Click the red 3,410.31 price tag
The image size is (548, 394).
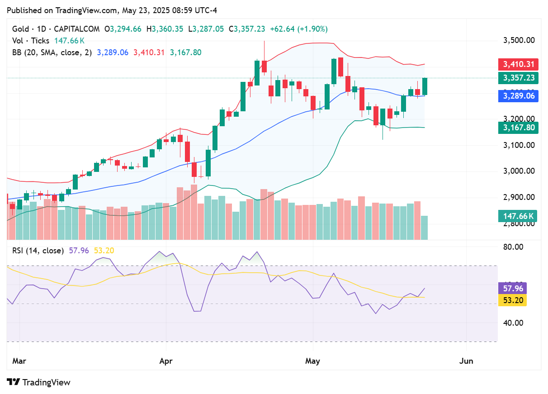(518, 64)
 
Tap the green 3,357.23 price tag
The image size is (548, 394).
(518, 78)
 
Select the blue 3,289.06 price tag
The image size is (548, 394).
(518, 96)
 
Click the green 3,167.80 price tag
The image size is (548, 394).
(518, 128)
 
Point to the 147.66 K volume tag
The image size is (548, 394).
(518, 216)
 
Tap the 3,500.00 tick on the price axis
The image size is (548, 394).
(519, 40)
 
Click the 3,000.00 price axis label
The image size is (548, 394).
(519, 171)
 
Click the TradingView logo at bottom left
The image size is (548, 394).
(40, 382)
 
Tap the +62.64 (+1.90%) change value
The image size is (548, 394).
(298, 29)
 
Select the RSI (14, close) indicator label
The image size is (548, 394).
(38, 251)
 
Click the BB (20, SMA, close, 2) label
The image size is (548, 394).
(52, 52)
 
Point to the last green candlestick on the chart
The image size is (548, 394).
(425, 86)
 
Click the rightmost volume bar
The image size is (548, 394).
(425, 228)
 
